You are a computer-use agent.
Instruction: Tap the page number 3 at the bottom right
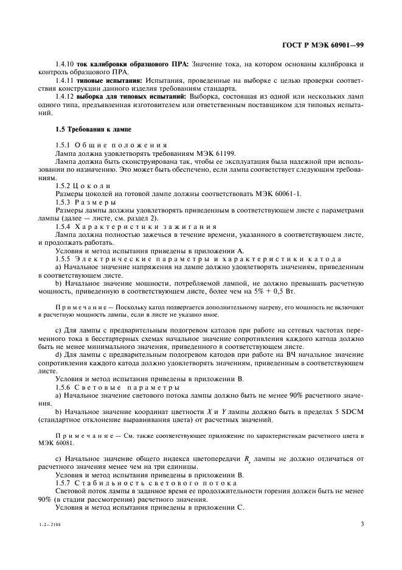(x=362, y=523)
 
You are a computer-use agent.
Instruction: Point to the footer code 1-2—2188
(x=51, y=524)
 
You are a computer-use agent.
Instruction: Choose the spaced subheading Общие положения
(x=120, y=145)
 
